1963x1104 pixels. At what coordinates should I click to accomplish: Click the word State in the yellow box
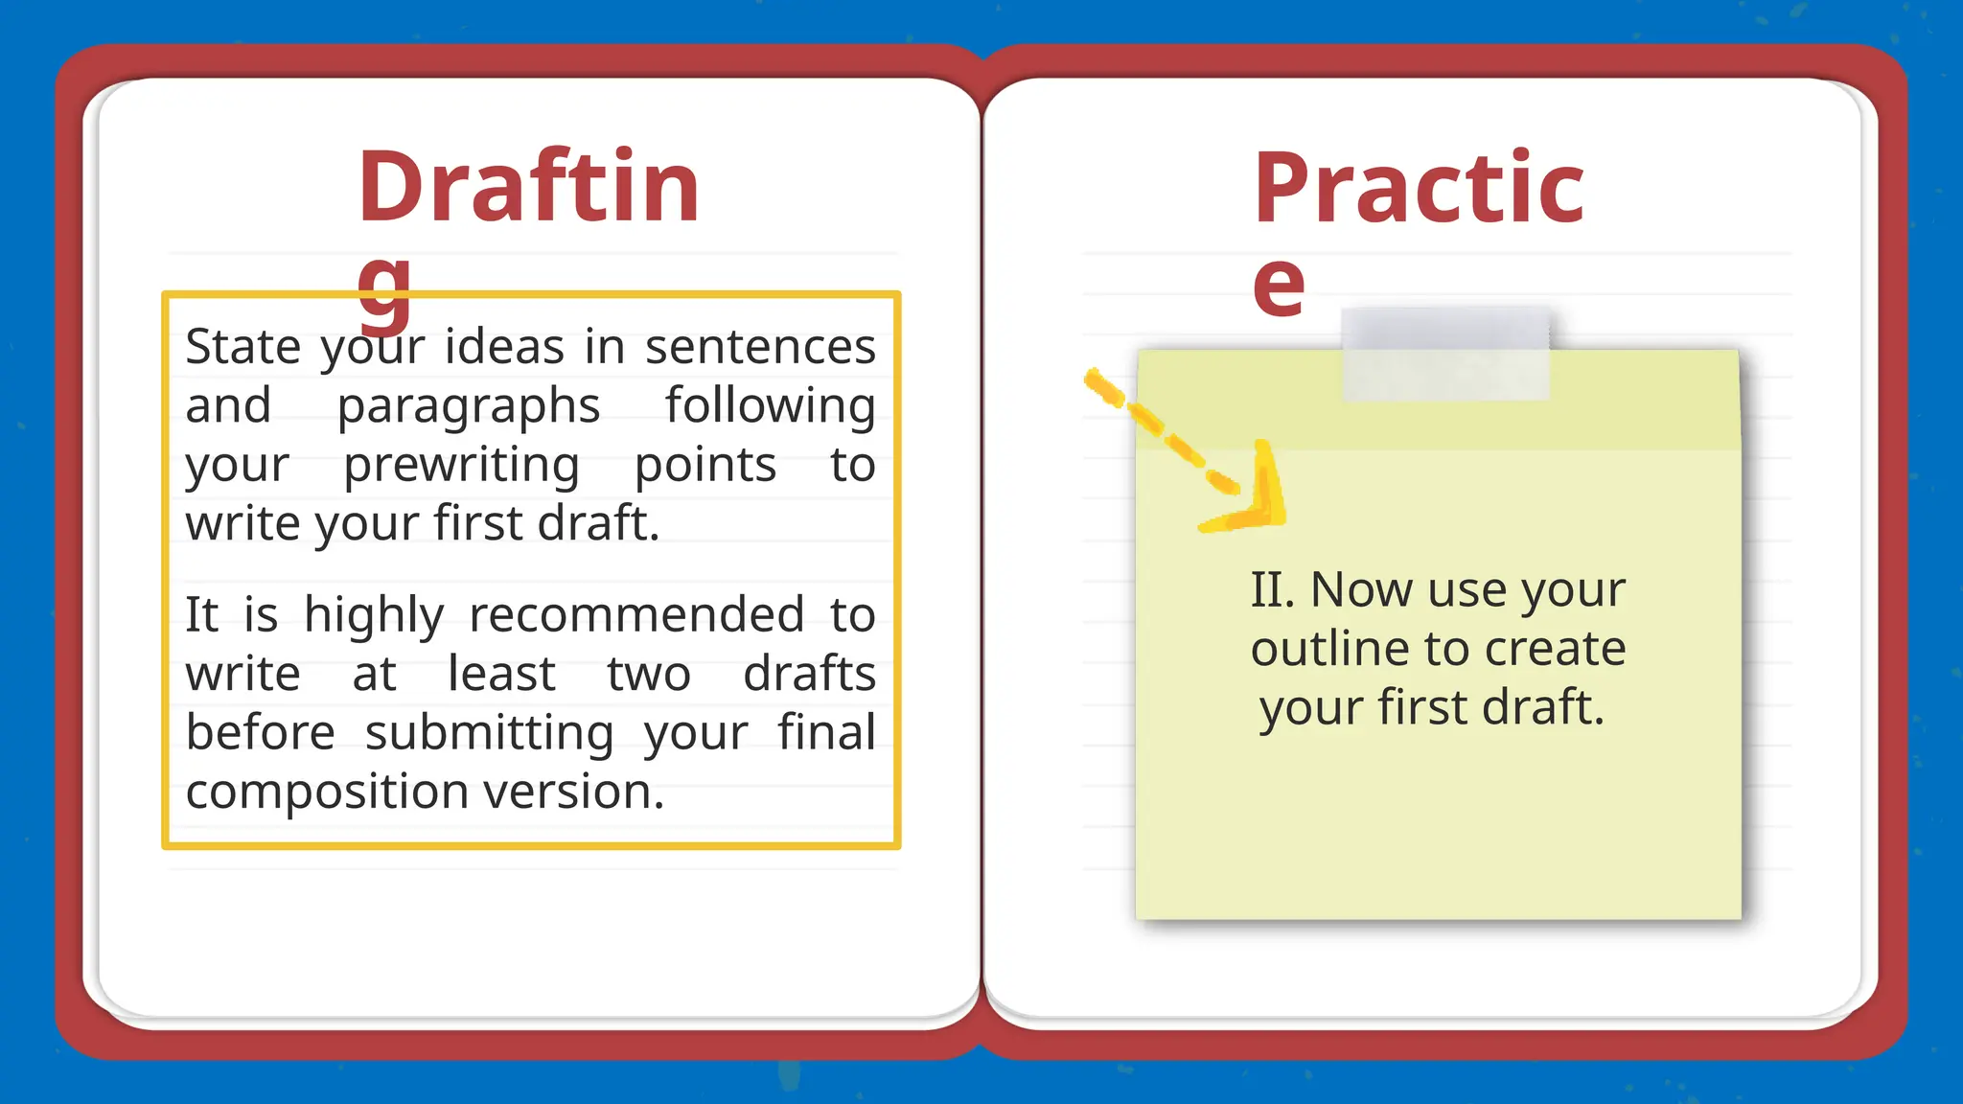tap(242, 346)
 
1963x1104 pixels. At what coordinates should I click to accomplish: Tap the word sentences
tap(760, 346)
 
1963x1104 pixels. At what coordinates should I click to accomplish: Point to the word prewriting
tap(461, 467)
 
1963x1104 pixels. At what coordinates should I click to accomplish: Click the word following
tap(771, 405)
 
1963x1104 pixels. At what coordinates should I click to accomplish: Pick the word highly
tap(374, 616)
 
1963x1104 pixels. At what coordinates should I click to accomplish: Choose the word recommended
tap(636, 614)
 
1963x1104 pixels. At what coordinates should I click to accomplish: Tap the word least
tap(501, 673)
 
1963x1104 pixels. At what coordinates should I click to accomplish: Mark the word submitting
tap(489, 734)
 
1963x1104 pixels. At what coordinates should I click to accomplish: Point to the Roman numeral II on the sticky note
tap(1272, 589)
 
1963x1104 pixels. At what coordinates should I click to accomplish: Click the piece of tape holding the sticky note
tap(1444, 354)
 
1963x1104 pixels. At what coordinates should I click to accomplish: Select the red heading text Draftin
tap(529, 187)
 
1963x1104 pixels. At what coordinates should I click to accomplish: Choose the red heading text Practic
tap(1419, 189)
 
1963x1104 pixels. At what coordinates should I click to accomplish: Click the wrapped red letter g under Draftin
tap(384, 287)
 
